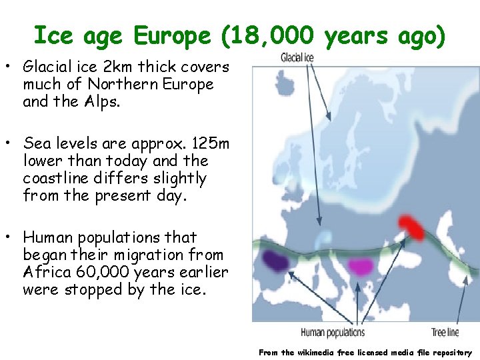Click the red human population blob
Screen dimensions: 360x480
[411, 227]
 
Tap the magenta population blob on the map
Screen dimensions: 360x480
[363, 267]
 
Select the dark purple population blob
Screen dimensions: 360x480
[274, 259]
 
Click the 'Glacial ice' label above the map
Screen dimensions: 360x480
[297, 58]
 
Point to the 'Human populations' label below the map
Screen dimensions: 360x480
[333, 332]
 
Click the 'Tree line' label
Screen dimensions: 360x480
[445, 332]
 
